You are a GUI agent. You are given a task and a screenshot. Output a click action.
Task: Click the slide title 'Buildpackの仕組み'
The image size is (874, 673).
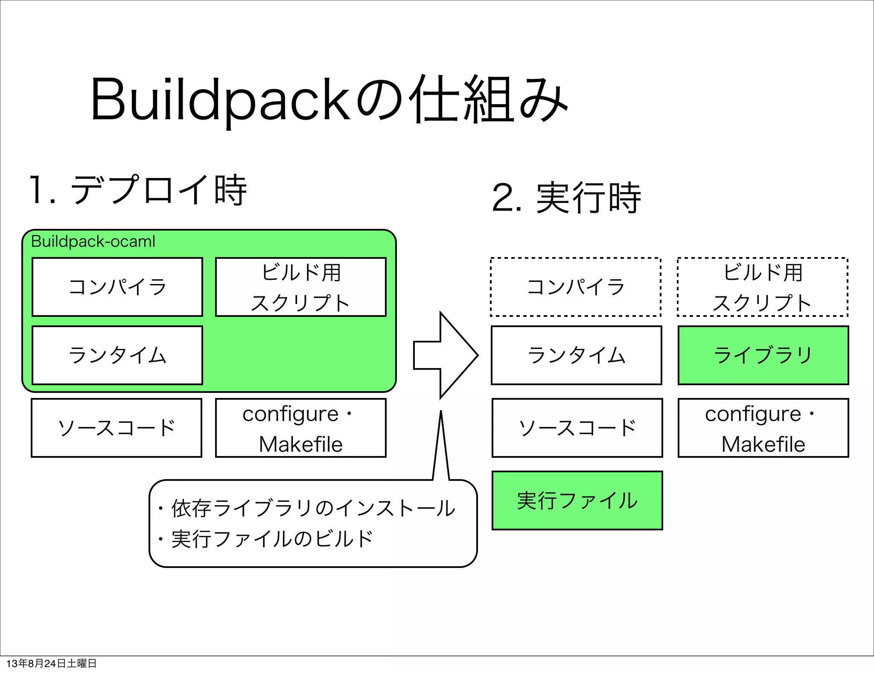pyautogui.click(x=329, y=100)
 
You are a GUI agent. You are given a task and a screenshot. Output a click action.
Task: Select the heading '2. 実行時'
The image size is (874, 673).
pyautogui.click(x=566, y=198)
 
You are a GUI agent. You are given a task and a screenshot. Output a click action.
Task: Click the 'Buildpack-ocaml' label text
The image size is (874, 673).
pyautogui.click(x=93, y=242)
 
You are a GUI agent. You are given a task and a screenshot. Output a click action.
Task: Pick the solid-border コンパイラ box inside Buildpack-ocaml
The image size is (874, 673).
pyautogui.click(x=117, y=287)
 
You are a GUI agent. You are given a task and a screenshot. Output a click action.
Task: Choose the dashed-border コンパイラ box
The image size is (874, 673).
pyautogui.click(x=576, y=287)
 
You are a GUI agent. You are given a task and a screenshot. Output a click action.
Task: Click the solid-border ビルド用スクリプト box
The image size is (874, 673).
pyautogui.click(x=300, y=287)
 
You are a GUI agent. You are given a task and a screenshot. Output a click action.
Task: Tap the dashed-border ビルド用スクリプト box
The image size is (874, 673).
pyautogui.click(x=763, y=287)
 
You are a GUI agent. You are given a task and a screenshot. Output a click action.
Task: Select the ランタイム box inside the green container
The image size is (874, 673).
pyautogui.click(x=117, y=355)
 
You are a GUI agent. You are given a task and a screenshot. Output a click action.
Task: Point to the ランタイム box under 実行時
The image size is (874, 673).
pyautogui.click(x=577, y=355)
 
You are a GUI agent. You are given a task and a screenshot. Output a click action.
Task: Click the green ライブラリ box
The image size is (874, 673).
pyautogui.click(x=763, y=355)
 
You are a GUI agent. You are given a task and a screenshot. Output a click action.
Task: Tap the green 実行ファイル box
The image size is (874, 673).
pyautogui.click(x=577, y=500)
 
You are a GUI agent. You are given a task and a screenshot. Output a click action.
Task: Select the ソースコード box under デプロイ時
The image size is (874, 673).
pyautogui.click(x=117, y=428)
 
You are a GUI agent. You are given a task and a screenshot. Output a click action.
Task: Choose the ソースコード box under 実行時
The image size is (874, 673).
pyautogui.click(x=577, y=428)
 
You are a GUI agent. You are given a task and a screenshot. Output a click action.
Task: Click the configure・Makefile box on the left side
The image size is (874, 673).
pyautogui.click(x=300, y=428)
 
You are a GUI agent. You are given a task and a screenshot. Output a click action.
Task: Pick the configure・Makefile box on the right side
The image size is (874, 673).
pyautogui.click(x=763, y=428)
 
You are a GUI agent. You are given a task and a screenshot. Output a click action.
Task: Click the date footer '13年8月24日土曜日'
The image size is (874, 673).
pyautogui.click(x=51, y=663)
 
